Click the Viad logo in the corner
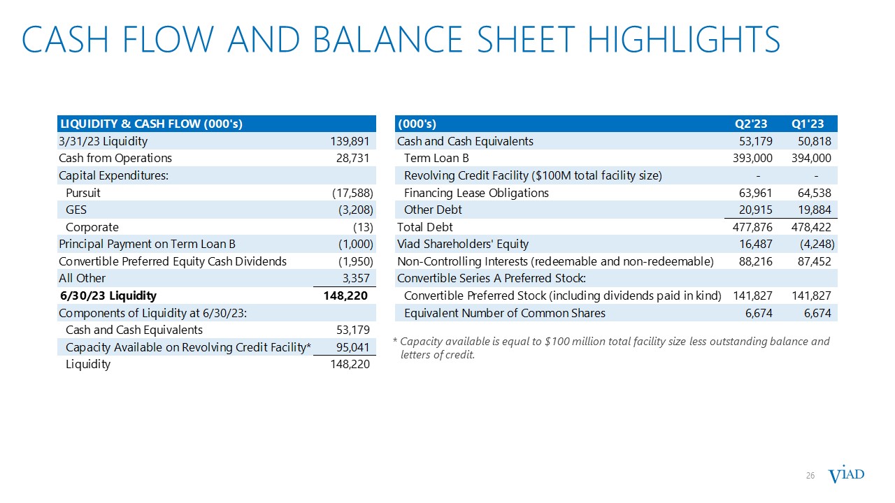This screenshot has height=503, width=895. tap(846, 476)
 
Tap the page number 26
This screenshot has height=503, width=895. tap(811, 476)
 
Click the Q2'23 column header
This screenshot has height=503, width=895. tap(751, 124)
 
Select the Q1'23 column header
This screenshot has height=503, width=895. tap(808, 124)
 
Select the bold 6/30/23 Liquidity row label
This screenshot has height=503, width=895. tap(108, 296)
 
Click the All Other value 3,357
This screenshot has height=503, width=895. tap(357, 278)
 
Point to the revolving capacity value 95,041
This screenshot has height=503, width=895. tap(354, 347)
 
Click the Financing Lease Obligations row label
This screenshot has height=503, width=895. tap(476, 193)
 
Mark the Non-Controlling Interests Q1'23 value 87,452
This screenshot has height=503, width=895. tap(813, 261)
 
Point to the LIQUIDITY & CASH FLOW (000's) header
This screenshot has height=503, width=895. tap(150, 124)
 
